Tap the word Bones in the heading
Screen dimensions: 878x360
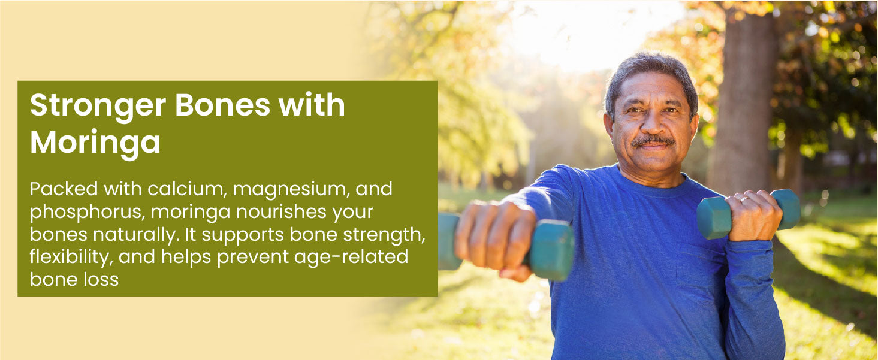(x=222, y=105)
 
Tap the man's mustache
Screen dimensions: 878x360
(x=653, y=140)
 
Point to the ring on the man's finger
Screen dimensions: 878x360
(x=744, y=199)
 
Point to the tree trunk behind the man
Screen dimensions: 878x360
(x=743, y=102)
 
